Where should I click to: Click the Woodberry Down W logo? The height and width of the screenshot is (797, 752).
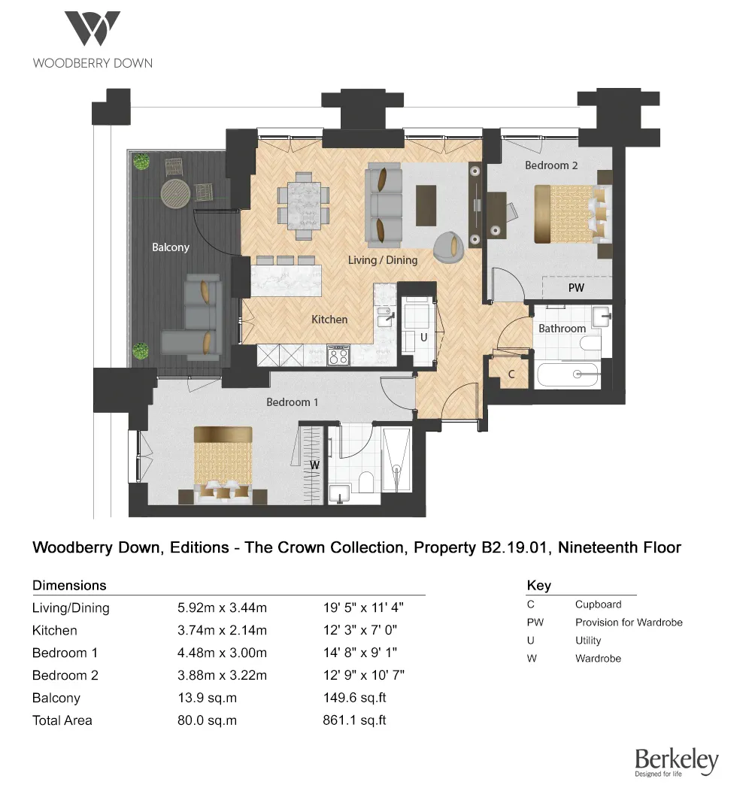[92, 29]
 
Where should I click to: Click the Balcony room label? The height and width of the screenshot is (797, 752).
[171, 247]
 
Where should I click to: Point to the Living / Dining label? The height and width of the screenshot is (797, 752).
[382, 260]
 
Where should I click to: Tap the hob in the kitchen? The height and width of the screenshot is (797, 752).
[338, 355]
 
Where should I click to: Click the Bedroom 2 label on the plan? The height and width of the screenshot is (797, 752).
[550, 165]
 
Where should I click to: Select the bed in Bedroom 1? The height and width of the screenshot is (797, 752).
[223, 462]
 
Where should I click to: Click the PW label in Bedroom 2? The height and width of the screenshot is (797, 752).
[576, 287]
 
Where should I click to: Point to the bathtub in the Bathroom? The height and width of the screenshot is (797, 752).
[569, 374]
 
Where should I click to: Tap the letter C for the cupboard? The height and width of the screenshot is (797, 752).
[511, 374]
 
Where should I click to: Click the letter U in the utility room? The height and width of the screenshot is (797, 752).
[423, 338]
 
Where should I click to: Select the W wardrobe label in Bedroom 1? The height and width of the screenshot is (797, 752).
[315, 465]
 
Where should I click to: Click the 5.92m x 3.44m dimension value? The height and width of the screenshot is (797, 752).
[222, 608]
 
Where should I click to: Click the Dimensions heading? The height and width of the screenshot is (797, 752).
[69, 585]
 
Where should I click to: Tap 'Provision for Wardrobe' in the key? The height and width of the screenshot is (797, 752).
[629, 623]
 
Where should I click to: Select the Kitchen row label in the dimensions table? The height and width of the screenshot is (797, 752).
[55, 630]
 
